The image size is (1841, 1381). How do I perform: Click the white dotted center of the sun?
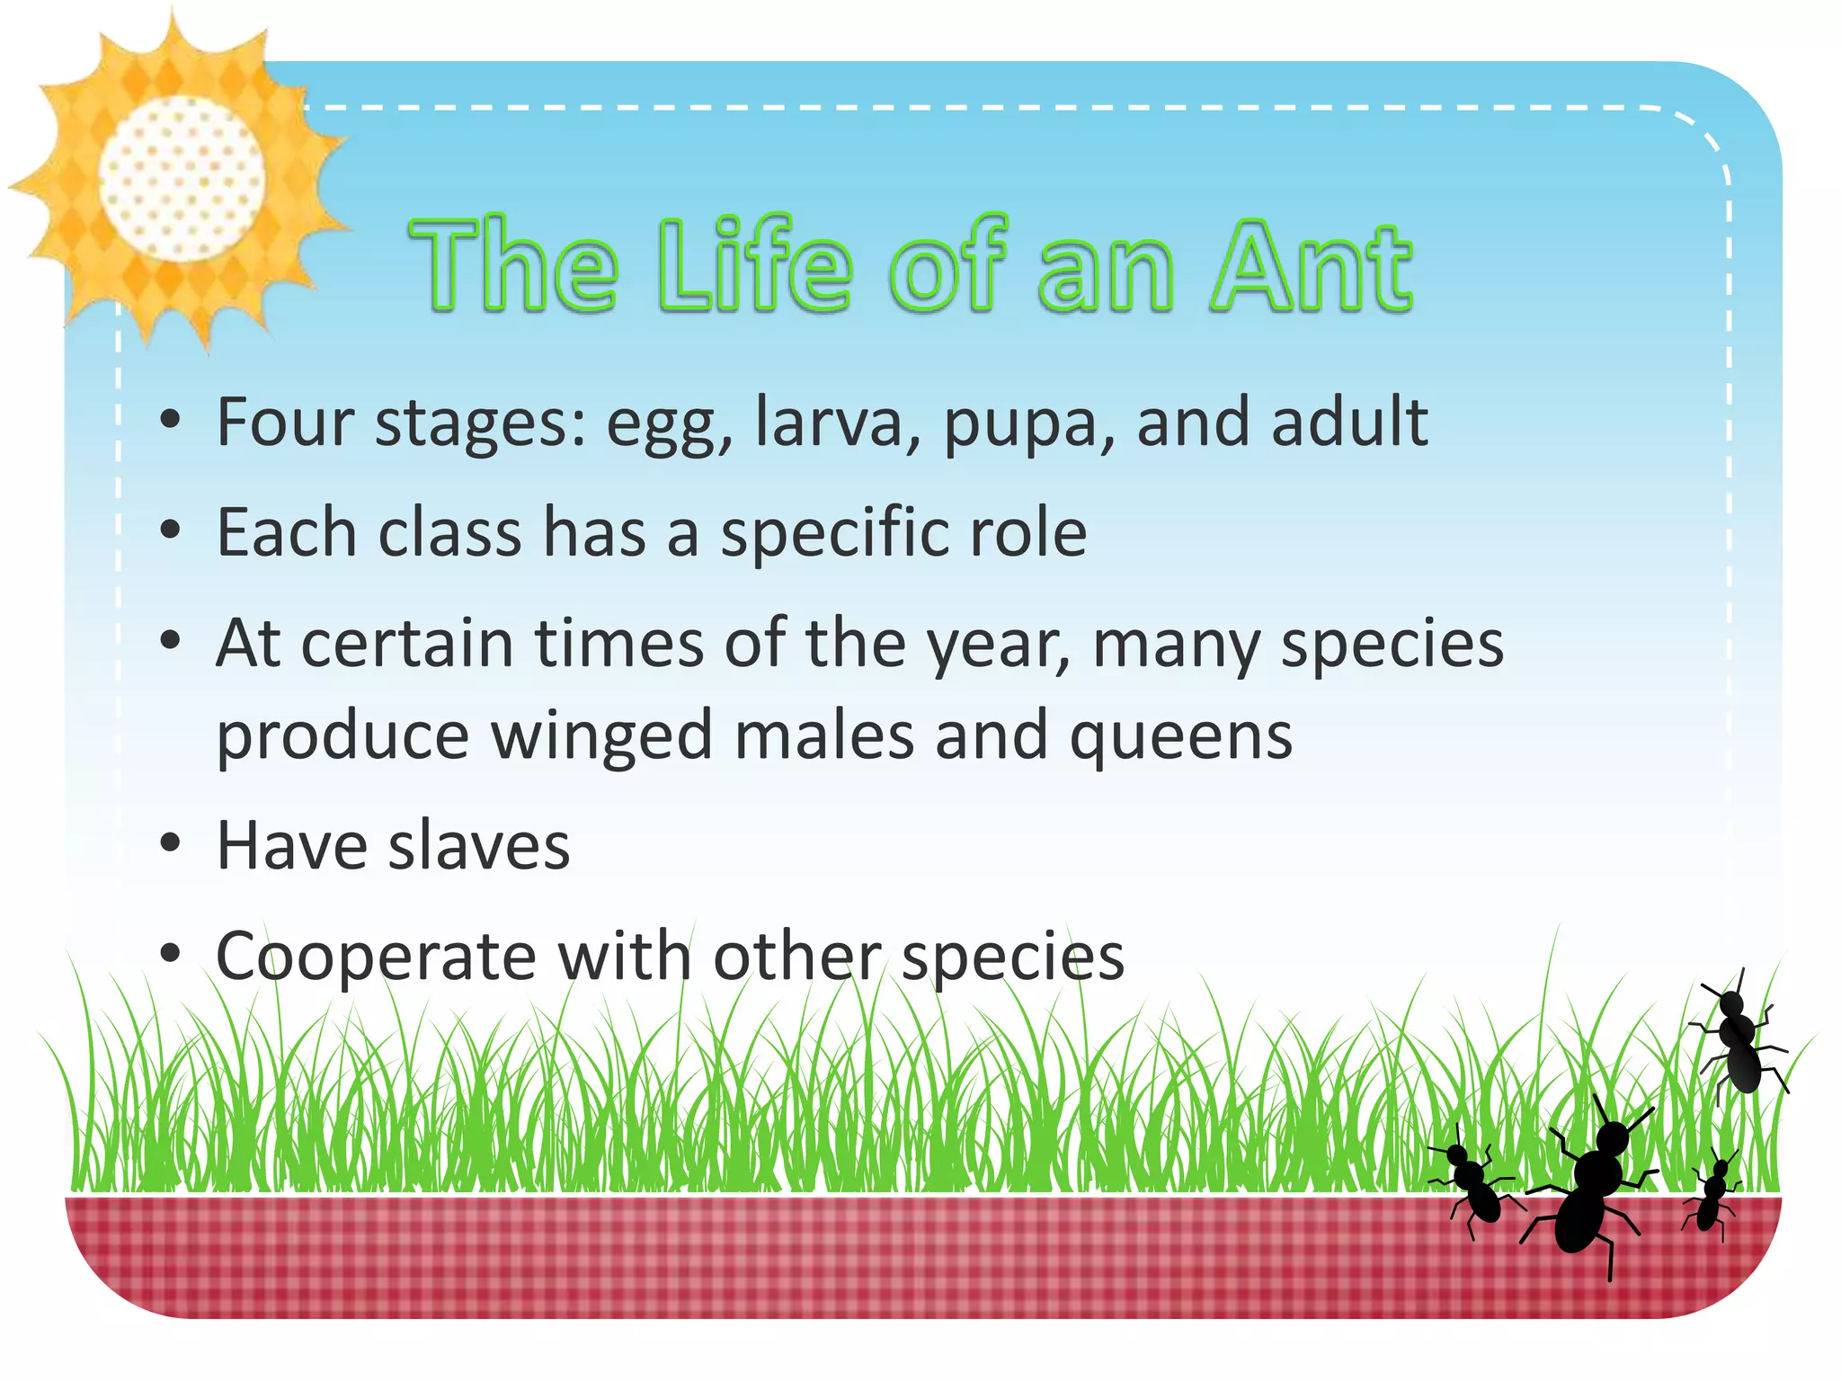click(182, 179)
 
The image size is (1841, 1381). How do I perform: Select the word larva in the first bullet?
click(828, 422)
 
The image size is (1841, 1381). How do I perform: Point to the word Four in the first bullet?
click(285, 422)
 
